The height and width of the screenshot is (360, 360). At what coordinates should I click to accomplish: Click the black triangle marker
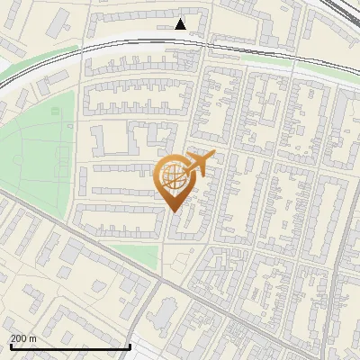(181, 24)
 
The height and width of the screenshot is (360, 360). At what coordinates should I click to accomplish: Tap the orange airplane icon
(200, 164)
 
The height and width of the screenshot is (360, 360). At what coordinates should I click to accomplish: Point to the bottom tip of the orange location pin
(174, 211)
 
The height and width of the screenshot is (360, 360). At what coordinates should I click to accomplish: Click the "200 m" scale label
(23, 337)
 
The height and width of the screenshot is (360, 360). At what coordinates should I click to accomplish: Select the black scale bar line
(70, 346)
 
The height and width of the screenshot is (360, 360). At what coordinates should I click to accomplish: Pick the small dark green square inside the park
(55, 111)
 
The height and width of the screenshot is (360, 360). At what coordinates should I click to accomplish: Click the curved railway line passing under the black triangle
(180, 39)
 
